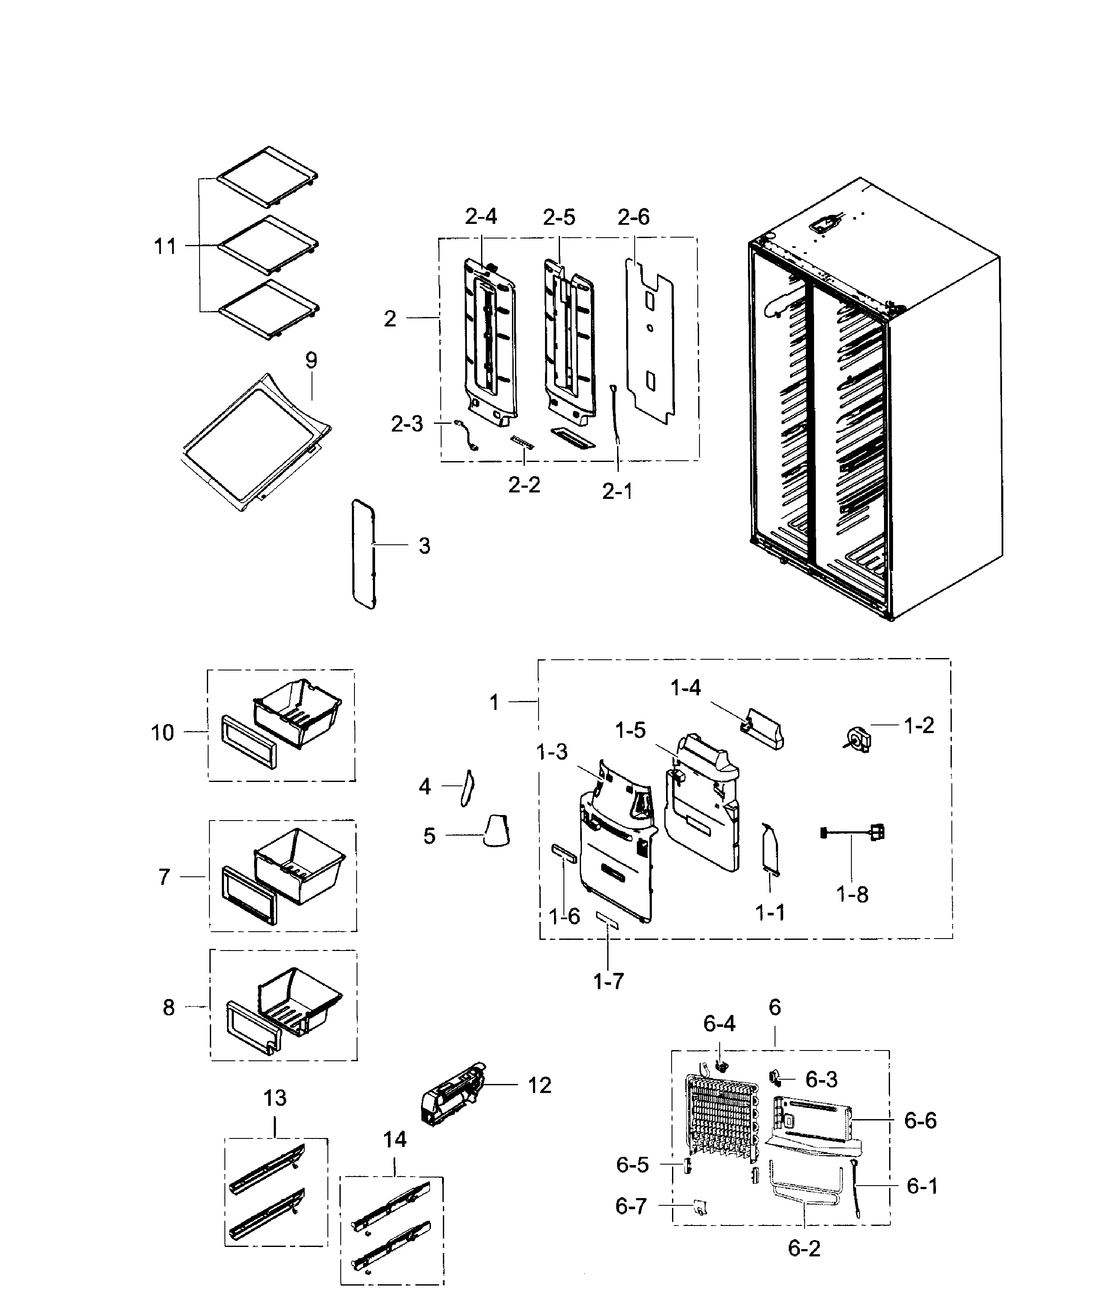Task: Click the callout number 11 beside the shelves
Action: (x=165, y=247)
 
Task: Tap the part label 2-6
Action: (x=633, y=217)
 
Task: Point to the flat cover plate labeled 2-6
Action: (x=649, y=341)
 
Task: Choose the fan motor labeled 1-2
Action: (x=858, y=739)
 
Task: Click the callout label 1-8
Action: (x=853, y=894)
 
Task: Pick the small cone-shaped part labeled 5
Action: (x=497, y=830)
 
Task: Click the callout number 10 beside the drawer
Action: (x=162, y=733)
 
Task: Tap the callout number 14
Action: (x=395, y=1139)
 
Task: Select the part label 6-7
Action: (x=631, y=1206)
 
